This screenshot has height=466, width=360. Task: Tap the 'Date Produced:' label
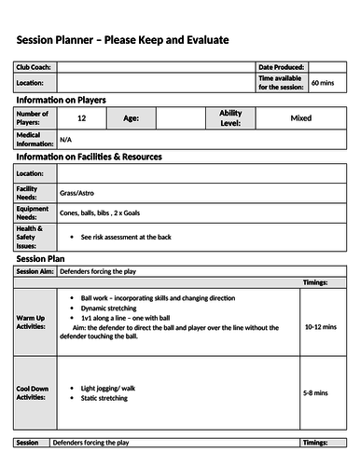(281, 68)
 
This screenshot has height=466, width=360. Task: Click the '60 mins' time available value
(323, 83)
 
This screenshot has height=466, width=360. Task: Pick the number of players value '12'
(82, 118)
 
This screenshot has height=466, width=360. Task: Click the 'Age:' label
(132, 118)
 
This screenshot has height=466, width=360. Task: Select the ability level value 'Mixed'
(300, 118)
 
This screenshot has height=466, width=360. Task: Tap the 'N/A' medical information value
(65, 139)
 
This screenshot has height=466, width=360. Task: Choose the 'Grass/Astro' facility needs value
(81, 194)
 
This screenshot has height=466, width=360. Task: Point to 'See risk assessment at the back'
(126, 238)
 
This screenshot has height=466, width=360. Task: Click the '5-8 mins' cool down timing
(315, 393)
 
